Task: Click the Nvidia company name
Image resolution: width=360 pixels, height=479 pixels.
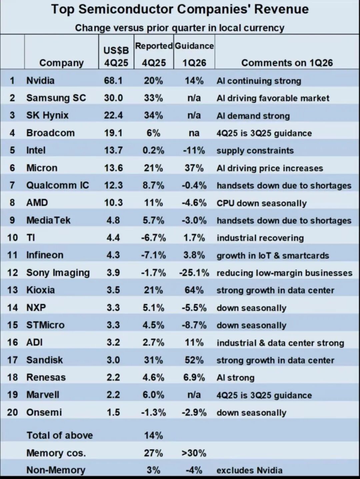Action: coord(40,80)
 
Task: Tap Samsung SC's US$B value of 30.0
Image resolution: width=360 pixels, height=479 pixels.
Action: coord(113,98)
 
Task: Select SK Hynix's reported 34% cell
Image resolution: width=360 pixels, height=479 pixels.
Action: coord(153,115)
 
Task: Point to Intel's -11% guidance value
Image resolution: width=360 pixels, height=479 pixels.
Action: coord(194,150)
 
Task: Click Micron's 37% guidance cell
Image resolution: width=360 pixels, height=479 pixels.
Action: coord(194,168)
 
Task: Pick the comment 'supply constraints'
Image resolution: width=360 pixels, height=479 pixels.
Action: coord(255,151)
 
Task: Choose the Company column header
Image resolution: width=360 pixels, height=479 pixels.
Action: coord(61,63)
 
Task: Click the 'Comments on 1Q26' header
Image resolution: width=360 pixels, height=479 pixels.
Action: coord(287,63)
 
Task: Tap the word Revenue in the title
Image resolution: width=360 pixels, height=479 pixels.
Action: coord(282,10)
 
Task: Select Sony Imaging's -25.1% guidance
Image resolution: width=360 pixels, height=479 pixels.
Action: coord(194,273)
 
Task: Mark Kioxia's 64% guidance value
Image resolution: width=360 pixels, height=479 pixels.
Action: coord(194,290)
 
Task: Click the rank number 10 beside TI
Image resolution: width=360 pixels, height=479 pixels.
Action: coord(12,238)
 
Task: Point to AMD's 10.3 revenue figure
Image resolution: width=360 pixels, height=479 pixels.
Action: coord(113,203)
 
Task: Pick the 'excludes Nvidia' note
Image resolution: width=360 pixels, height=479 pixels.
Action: coord(249,470)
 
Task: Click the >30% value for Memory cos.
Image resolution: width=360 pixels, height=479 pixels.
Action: coord(194,453)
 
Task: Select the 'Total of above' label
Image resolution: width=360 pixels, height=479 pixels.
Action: coord(60,435)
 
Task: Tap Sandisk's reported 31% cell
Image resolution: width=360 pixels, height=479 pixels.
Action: coord(153,360)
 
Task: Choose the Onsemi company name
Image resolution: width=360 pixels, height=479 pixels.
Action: coord(44,412)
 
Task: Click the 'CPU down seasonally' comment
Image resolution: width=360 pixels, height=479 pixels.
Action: coord(261,203)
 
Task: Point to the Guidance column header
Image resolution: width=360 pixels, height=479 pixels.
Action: coord(194,46)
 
